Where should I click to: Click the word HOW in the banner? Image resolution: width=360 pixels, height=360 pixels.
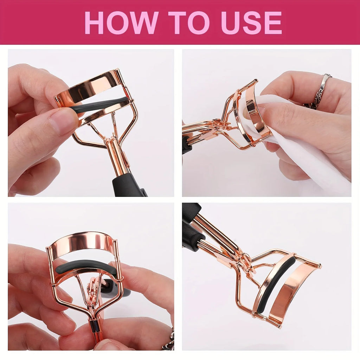(x=121, y=22)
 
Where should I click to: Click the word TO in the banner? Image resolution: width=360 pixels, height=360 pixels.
(x=189, y=22)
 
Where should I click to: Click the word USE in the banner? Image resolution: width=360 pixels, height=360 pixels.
(x=251, y=22)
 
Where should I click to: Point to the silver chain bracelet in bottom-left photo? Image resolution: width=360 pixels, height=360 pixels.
(x=169, y=340)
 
